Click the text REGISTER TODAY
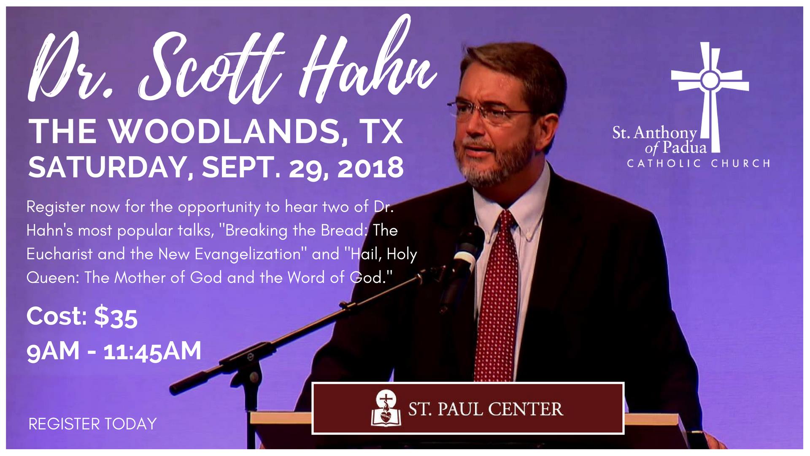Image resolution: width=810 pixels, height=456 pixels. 92,423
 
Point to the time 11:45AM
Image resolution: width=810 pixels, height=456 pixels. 152,351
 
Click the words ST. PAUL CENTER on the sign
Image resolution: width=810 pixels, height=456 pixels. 485,409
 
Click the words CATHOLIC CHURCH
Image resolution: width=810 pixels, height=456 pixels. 699,163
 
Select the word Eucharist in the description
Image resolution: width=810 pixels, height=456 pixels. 59,254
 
